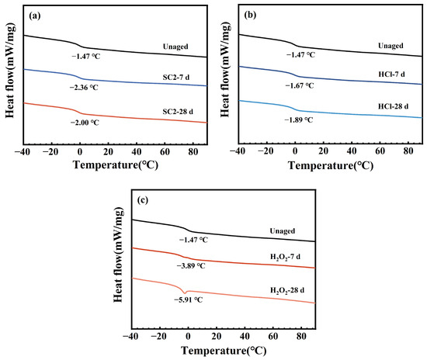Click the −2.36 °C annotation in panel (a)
pos(84,88)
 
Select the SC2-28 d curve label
pos(178,112)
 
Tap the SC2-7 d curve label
pos(176,78)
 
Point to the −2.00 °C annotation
pos(85,123)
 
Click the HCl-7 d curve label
pos(391,74)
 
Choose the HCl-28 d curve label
pos(394,106)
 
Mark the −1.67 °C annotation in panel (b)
pos(300,85)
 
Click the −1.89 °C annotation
pos(299,119)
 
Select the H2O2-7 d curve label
pos(285,257)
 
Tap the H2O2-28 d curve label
pos(287,291)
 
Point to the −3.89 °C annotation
pos(191,266)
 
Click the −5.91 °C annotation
pos(189,299)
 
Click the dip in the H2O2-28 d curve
pos(186,293)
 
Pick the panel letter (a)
pos(35,16)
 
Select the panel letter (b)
pos(250,16)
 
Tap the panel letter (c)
pos(143,200)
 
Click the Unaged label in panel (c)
pos(282,231)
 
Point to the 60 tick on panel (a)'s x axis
pos(165,151)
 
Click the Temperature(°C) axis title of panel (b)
pos(331,165)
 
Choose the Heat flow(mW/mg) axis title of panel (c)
pos(118,254)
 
